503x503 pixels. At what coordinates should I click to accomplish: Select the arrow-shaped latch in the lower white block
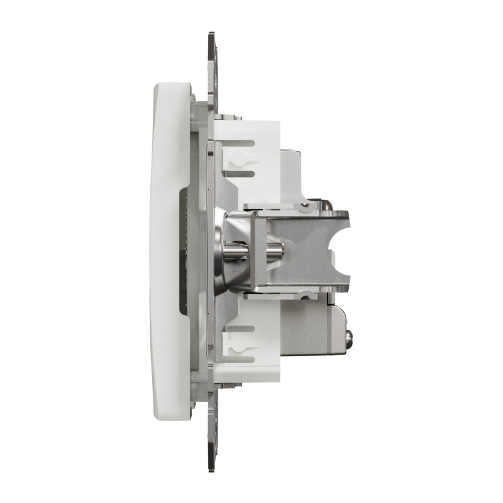click(x=238, y=343)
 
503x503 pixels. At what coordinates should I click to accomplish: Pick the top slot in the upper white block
click(x=242, y=143)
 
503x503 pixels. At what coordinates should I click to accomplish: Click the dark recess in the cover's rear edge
click(x=183, y=251)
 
